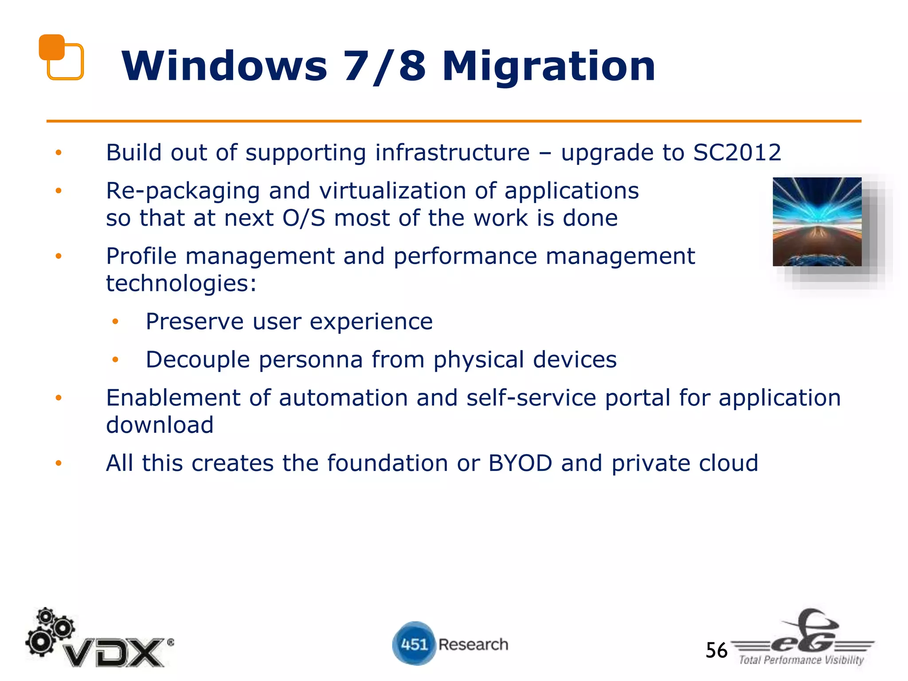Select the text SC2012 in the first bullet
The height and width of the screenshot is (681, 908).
tap(736, 153)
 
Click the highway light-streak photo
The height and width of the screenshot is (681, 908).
tap(817, 222)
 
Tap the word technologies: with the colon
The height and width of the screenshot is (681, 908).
tap(181, 284)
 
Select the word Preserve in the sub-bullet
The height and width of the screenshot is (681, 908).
tap(195, 322)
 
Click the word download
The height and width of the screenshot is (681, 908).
tap(160, 425)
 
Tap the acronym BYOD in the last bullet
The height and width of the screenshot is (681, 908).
tap(520, 463)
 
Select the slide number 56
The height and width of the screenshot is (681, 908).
tap(716, 650)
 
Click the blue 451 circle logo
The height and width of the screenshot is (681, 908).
tap(413, 644)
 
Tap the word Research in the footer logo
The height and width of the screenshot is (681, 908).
tap(473, 644)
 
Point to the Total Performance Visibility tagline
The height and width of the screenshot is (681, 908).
tap(801, 660)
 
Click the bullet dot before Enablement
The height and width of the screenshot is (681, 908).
tap(59, 398)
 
